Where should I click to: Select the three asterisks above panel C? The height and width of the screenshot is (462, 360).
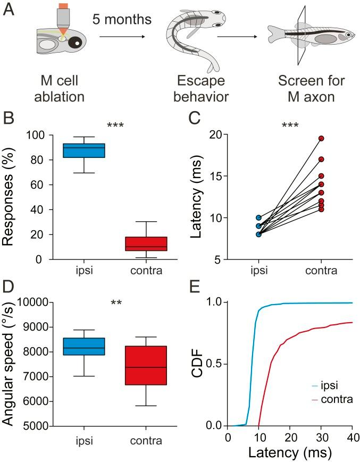point(291,126)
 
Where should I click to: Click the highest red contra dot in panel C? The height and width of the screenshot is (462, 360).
point(321,138)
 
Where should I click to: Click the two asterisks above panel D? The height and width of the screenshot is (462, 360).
point(116,304)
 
